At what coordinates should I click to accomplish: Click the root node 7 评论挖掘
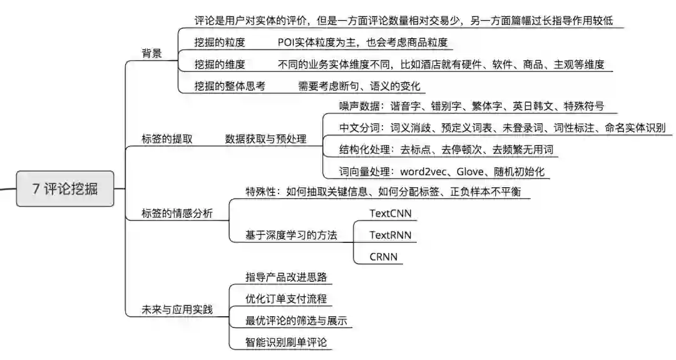[x=65, y=188]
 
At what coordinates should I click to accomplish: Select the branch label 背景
[x=152, y=53]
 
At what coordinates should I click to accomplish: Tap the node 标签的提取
[x=167, y=139]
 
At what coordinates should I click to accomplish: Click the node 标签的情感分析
[x=178, y=214]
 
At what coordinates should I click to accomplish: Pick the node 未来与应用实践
[x=178, y=309]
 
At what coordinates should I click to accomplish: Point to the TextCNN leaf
[x=390, y=213]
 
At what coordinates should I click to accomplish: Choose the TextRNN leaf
[x=390, y=235]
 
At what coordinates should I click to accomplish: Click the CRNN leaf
[x=384, y=257]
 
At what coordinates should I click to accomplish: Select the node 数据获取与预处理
[x=266, y=139]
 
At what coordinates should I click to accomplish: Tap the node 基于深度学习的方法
[x=292, y=235]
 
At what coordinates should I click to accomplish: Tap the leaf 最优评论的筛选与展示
[x=297, y=321]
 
